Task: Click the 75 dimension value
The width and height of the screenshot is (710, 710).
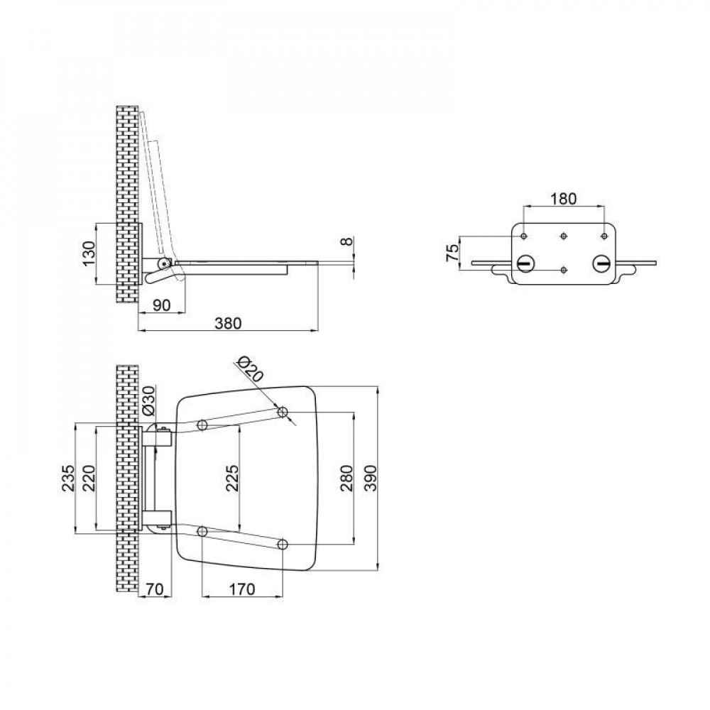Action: coord(449,252)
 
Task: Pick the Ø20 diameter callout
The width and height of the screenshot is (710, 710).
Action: coord(249,370)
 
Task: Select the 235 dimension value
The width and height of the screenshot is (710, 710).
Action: coord(67,479)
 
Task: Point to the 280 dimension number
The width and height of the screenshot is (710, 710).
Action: coord(346,479)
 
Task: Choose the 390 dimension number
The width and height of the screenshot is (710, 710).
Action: coord(370,479)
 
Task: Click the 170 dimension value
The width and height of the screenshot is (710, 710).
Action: coord(243,589)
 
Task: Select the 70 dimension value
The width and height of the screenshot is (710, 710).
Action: coord(155,589)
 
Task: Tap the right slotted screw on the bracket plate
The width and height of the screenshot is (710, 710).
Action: coord(602,263)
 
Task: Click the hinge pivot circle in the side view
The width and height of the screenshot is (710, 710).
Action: coord(164,264)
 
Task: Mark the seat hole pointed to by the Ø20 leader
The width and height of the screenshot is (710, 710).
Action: coord(283,412)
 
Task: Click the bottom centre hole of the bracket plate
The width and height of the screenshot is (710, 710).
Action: coord(563,270)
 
